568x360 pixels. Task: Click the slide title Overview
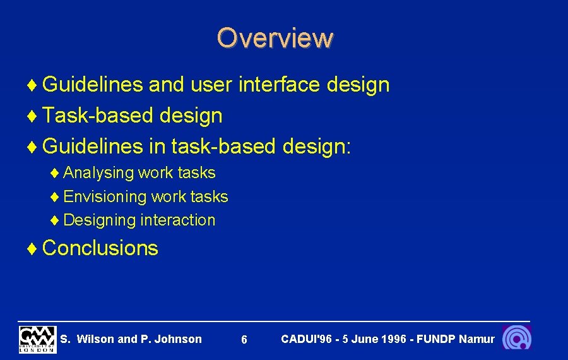[x=275, y=38]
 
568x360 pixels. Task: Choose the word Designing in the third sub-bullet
[x=100, y=220]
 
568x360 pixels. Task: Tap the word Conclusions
[x=100, y=248]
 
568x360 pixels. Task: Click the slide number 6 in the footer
[x=244, y=340]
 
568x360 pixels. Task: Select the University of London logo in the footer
[x=37, y=339]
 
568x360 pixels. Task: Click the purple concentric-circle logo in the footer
[x=517, y=338]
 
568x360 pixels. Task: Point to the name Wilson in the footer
[x=96, y=339]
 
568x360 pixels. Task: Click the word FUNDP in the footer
[x=435, y=339]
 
